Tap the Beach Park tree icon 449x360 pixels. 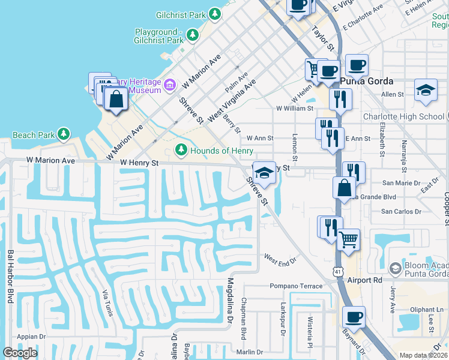[63, 135]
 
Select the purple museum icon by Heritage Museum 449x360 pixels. [170, 85]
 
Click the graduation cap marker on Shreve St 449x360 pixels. [264, 173]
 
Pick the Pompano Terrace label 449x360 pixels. [295, 286]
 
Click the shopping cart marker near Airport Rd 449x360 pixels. [348, 240]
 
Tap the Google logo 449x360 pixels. [19, 353]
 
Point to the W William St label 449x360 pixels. [294, 109]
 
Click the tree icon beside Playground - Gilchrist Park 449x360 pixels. [193, 36]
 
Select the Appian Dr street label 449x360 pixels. [31, 337]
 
